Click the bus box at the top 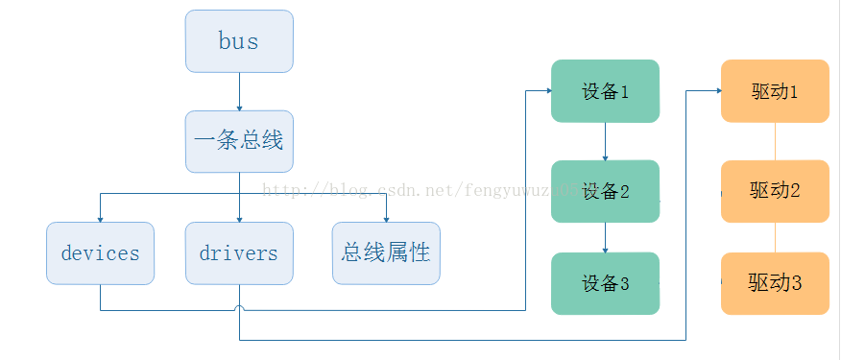tap(239, 41)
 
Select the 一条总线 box tap(239, 141)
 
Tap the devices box tap(100, 253)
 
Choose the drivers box tap(239, 253)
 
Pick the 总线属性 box tap(386, 253)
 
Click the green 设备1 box tap(605, 91)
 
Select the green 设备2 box tap(605, 191)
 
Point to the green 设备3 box tap(605, 283)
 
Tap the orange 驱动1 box tap(775, 91)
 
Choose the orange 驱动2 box tap(775, 191)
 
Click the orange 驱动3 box tap(775, 283)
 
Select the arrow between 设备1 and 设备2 tap(605, 141)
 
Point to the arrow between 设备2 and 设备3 tap(605, 237)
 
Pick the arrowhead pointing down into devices tap(100, 218)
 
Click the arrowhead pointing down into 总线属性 tap(386, 218)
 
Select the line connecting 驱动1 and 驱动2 tap(775, 141)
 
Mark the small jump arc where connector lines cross tap(239, 309)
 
